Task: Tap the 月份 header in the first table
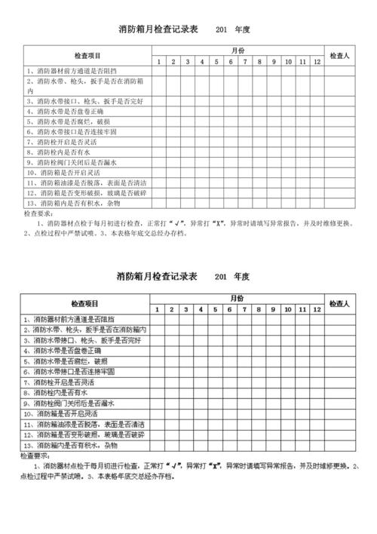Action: click(238, 49)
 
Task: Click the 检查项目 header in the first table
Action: click(88, 55)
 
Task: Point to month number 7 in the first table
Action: click(245, 61)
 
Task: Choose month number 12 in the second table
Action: click(316, 309)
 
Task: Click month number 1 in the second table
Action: click(157, 309)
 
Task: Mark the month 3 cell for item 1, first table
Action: click(188, 72)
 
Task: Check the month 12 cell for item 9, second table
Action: click(316, 404)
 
